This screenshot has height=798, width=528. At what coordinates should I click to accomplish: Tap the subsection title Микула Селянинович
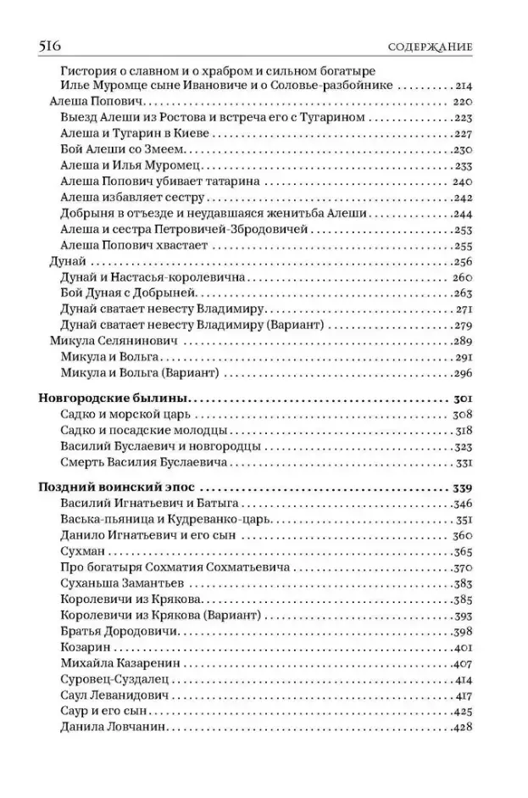pyautogui.click(x=108, y=341)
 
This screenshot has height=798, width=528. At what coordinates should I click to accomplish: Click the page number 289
pyautogui.click(x=462, y=341)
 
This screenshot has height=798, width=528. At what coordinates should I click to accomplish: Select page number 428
pyautogui.click(x=462, y=727)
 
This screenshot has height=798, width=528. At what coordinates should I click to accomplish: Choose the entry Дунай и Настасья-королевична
pyautogui.click(x=153, y=277)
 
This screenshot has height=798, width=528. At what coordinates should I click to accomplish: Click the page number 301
pyautogui.click(x=462, y=398)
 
